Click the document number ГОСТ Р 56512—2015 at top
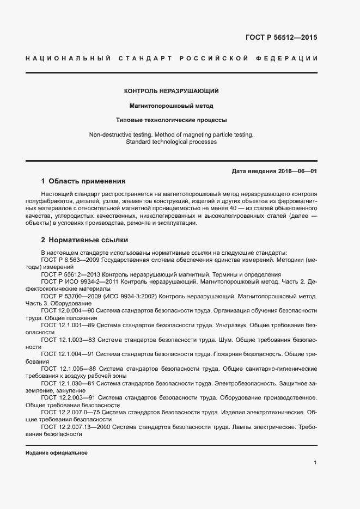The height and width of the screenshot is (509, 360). [281, 38]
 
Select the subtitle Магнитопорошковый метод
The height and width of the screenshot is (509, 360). [171, 106]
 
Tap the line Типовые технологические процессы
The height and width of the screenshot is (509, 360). [171, 120]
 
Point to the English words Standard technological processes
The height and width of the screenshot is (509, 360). [171, 142]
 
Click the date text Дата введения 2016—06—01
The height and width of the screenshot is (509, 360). [274, 171]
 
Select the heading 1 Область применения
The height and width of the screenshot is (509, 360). [83, 181]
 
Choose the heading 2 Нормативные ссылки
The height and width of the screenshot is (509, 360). [85, 240]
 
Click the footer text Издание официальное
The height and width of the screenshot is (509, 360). [57, 453]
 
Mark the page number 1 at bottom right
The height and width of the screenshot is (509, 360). [315, 463]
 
